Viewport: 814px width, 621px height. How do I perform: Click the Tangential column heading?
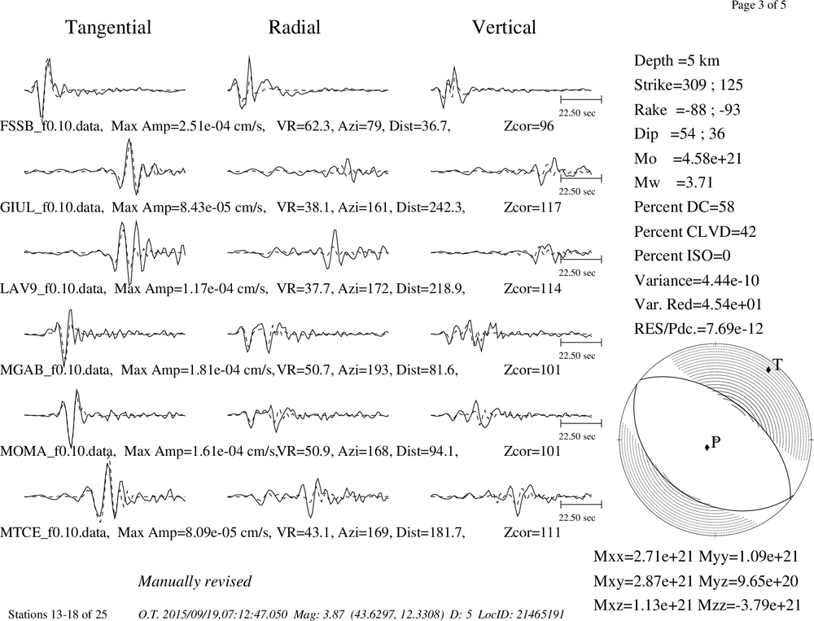[108, 28]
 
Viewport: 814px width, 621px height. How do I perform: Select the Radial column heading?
[295, 27]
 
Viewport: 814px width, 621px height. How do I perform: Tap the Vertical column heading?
[504, 27]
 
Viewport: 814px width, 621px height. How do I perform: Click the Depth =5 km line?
[676, 61]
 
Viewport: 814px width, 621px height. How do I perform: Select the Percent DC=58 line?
[684, 208]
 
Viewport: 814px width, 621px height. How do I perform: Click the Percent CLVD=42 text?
[694, 232]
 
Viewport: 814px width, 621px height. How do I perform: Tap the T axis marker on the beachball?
[768, 370]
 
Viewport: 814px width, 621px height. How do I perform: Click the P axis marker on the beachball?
[707, 447]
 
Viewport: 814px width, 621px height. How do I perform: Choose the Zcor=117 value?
[532, 208]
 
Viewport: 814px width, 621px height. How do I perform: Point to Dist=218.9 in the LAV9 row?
[430, 289]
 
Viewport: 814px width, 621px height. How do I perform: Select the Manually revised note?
[195, 581]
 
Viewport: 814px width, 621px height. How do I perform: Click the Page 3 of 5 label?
[759, 5]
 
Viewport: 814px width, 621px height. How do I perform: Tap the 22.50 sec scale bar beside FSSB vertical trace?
[581, 99]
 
